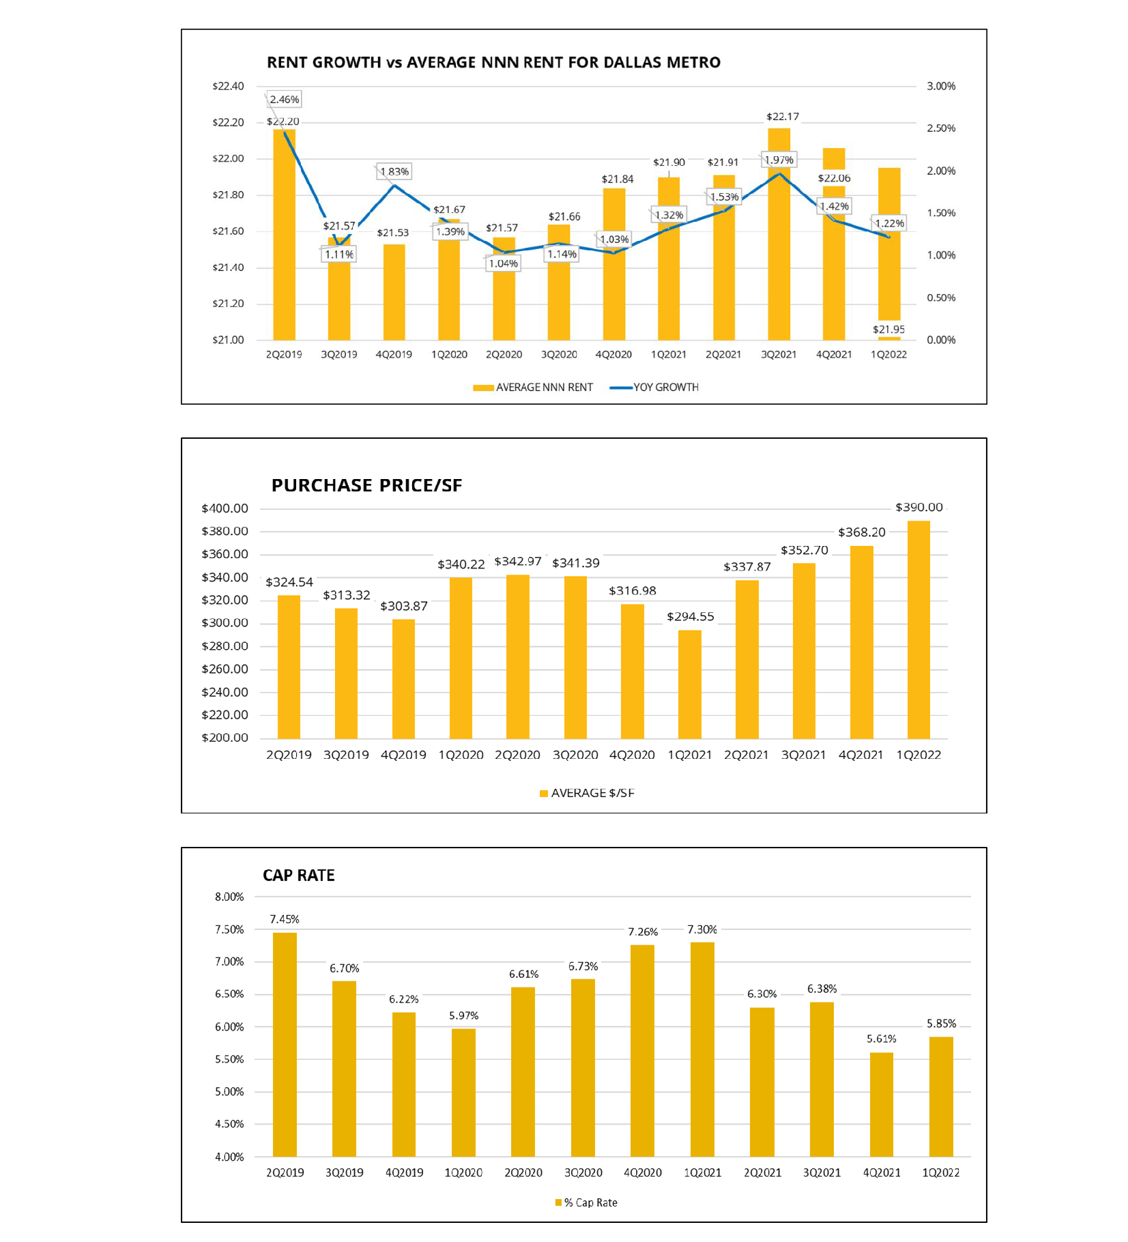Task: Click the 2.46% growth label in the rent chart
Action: click(x=284, y=100)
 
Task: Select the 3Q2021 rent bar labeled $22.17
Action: click(x=779, y=234)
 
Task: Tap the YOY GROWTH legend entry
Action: click(x=654, y=388)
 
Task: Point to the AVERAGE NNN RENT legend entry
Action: click(x=533, y=388)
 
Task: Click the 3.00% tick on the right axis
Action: click(x=940, y=87)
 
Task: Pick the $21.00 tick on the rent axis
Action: click(x=228, y=340)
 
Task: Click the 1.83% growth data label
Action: click(x=394, y=171)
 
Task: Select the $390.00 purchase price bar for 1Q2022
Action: click(x=919, y=630)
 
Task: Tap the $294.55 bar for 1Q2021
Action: click(x=689, y=684)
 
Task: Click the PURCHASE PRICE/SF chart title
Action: click(x=366, y=485)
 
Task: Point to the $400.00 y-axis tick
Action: click(x=225, y=508)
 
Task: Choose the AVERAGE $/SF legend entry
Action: click(x=587, y=793)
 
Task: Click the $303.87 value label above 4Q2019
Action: click(x=404, y=606)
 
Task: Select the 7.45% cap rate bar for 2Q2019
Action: click(x=285, y=1045)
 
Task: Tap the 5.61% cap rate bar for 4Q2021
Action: click(x=882, y=1105)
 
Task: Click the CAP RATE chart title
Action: click(x=299, y=876)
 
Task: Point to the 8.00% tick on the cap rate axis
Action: click(x=229, y=897)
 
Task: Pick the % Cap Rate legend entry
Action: click(x=586, y=1202)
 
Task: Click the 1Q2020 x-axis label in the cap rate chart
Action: click(x=463, y=1172)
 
